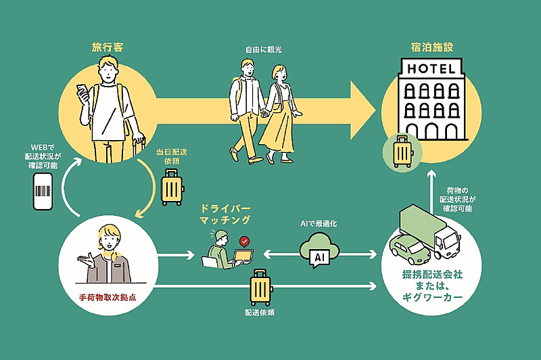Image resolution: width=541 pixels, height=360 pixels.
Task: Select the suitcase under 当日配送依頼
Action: click(x=171, y=187)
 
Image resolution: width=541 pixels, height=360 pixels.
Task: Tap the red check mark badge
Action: click(x=243, y=241)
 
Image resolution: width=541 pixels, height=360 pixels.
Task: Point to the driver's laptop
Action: click(x=241, y=256)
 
